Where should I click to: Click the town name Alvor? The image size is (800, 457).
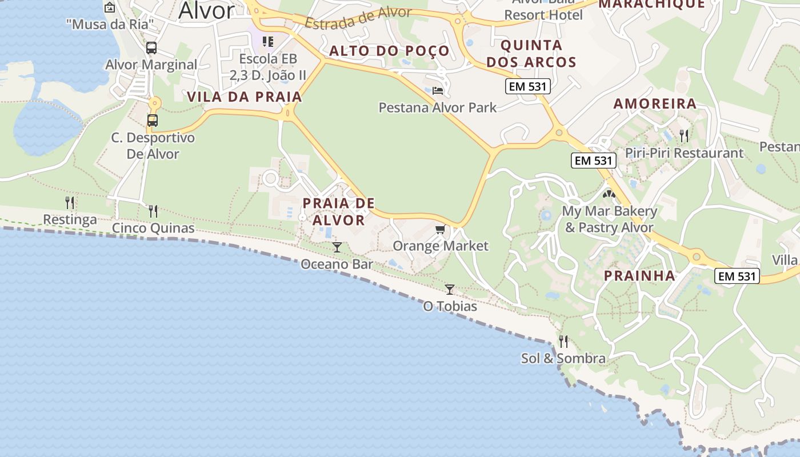point(206,11)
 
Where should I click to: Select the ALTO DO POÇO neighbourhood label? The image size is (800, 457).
point(389,51)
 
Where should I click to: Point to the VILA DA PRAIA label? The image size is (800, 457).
point(244,97)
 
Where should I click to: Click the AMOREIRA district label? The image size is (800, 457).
point(655,103)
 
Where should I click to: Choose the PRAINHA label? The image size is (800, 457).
point(639,275)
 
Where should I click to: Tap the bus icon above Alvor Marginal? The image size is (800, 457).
point(151,48)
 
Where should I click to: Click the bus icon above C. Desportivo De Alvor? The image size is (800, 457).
point(153,121)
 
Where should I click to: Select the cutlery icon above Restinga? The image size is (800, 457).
point(70,202)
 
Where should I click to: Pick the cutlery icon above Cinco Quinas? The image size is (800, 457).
point(153,211)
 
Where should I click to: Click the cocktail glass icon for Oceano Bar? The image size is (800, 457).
point(337,247)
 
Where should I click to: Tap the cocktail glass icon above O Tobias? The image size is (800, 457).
point(450,290)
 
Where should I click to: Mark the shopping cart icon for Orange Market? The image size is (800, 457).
point(440,230)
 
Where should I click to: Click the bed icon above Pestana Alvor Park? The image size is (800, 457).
point(438,90)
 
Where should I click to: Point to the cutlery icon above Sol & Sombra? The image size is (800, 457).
point(563,342)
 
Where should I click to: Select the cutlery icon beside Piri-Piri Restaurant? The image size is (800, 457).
point(683,136)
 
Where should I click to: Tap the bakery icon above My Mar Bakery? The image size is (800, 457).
point(609,194)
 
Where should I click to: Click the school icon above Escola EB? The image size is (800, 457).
point(268,42)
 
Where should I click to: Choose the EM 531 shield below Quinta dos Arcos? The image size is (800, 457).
point(527,87)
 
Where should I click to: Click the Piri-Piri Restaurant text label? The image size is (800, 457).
point(684,153)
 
